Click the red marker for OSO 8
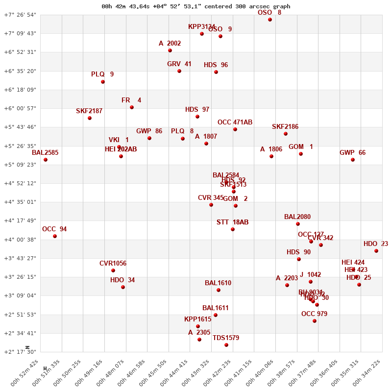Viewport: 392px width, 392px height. pos(270,20)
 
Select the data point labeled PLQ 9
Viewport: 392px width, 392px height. pos(103,82)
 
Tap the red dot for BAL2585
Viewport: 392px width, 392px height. pos(46,160)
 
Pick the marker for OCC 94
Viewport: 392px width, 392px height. pos(55,236)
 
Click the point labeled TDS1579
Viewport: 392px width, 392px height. pos(226,345)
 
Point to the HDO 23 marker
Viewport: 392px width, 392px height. pos(376,251)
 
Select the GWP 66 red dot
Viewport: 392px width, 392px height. pos(353,160)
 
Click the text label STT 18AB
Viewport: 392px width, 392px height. pos(232,222)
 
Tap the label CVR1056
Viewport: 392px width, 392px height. pos(113,264)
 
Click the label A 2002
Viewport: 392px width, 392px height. pos(170,44)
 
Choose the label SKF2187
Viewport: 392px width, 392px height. pos(89,111)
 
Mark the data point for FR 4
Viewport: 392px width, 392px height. pos(132,107)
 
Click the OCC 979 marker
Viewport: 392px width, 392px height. pos(315,321)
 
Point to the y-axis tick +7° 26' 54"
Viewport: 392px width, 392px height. pos(20,15)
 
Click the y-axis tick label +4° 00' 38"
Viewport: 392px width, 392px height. pos(20,240)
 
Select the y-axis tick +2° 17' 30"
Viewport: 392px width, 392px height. pos(20,352)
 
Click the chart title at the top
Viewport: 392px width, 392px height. pos(196,6)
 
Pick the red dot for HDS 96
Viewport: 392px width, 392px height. pos(216,72)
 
